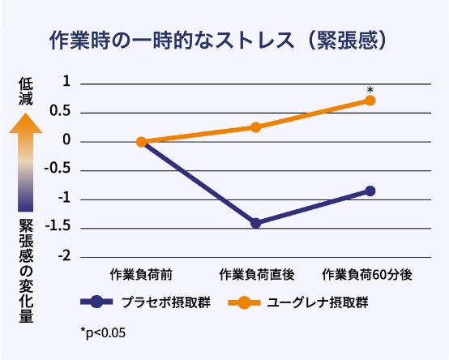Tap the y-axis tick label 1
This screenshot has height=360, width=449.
(66, 82)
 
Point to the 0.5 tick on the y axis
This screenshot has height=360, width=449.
(62, 110)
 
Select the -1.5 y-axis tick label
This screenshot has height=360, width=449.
(59, 226)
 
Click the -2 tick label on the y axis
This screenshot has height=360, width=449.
(64, 255)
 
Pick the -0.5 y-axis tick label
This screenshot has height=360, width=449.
(59, 169)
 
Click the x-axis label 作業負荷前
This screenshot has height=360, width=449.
(141, 276)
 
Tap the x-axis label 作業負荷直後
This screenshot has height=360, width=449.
(255, 276)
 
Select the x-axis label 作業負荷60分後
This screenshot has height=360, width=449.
(369, 276)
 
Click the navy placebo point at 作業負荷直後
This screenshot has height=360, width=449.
(256, 222)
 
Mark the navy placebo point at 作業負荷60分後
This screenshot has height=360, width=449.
(370, 191)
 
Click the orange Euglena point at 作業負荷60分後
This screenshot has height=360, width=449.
(370, 101)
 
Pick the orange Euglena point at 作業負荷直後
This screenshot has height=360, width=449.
(256, 126)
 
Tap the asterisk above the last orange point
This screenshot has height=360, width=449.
(370, 90)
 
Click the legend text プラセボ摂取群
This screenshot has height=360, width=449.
(156, 302)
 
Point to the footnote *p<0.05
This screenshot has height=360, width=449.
(103, 332)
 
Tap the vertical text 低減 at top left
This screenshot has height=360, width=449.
(27, 92)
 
